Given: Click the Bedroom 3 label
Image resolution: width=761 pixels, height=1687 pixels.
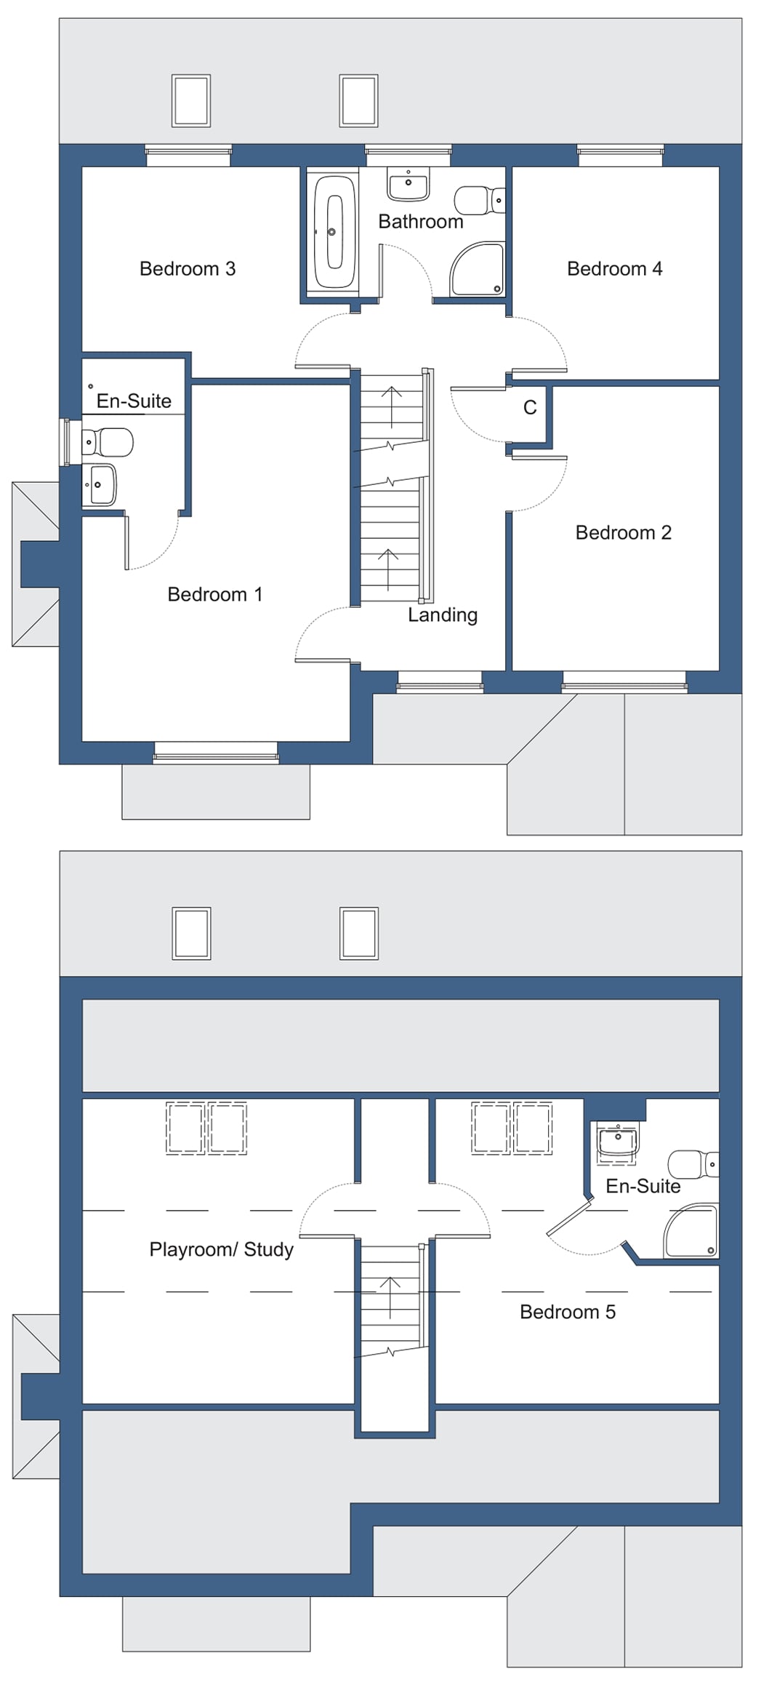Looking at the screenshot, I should tap(188, 269).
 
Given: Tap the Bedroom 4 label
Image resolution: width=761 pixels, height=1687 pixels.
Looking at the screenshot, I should tap(614, 269).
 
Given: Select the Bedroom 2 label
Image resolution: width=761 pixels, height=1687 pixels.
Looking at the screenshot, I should tap(623, 533).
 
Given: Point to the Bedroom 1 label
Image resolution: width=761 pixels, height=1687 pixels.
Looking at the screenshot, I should tap(214, 595).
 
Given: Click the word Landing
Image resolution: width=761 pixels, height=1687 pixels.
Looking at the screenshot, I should tap(442, 615).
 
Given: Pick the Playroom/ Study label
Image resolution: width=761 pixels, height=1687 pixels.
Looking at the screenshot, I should tap(221, 1249).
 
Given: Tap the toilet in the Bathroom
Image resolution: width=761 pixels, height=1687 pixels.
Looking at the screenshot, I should tap(479, 200).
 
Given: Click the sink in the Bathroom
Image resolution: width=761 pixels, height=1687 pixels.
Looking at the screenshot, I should tap(408, 184).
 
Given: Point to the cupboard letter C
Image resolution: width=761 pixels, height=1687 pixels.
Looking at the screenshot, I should tap(530, 408).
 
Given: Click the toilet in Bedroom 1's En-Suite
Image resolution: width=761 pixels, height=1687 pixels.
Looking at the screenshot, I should tap(108, 441).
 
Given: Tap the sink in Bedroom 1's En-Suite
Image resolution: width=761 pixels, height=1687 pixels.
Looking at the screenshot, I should tap(99, 484).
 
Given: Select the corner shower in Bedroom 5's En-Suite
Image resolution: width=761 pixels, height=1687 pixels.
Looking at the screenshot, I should tap(691, 1230).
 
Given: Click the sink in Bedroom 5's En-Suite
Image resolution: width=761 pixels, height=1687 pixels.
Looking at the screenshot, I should tap(617, 1141).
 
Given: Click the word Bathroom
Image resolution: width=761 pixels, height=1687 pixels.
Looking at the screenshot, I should tap(420, 222).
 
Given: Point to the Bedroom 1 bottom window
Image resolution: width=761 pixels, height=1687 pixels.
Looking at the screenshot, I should tap(216, 753).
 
